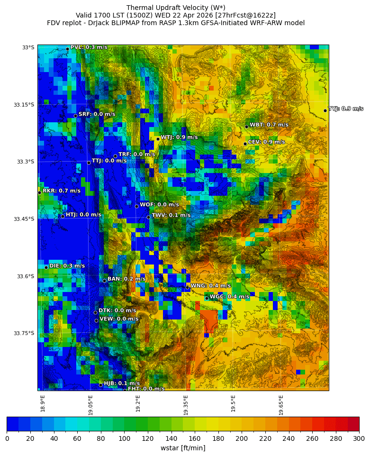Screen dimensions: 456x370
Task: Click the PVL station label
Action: pyautogui.click(x=89, y=47)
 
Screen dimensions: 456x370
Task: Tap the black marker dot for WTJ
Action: pyautogui.click(x=158, y=139)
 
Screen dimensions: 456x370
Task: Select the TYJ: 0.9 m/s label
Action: pyautogui.click(x=346, y=109)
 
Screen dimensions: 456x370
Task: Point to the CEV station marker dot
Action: pyautogui.click(x=245, y=144)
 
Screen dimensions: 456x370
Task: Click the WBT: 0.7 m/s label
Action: pyautogui.click(x=269, y=125)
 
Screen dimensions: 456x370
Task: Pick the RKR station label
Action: pyautogui.click(x=62, y=191)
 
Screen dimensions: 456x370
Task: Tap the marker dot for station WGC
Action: pyautogui.click(x=207, y=298)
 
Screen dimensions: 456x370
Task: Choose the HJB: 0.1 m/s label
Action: pyautogui.click(x=122, y=383)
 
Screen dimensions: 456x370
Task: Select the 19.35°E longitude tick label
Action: pyautogui.click(x=186, y=405)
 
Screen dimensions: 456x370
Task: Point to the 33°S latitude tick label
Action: pyautogui.click(x=28, y=47)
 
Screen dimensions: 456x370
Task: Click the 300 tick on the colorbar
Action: pyautogui.click(x=359, y=439)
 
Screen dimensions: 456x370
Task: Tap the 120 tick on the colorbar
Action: pyautogui.click(x=148, y=439)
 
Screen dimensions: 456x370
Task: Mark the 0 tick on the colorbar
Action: pyautogui.click(x=7, y=439)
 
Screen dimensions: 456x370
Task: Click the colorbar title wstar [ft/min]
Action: pyautogui.click(x=183, y=448)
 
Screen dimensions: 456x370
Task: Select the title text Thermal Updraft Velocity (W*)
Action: pyautogui.click(x=176, y=8)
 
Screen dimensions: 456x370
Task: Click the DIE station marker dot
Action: pyautogui.click(x=46, y=267)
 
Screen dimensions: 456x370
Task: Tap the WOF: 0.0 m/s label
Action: pyautogui.click(x=159, y=205)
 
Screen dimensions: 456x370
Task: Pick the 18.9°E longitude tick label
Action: pyautogui.click(x=43, y=404)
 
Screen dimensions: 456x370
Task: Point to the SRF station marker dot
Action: pyautogui.click(x=75, y=116)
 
